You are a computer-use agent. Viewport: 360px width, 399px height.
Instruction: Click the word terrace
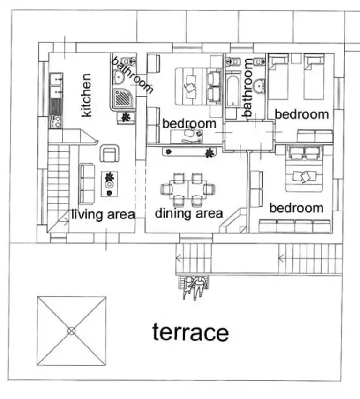click(x=190, y=332)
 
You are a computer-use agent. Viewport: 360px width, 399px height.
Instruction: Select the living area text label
click(x=103, y=215)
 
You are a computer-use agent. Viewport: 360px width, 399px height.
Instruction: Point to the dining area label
click(x=188, y=213)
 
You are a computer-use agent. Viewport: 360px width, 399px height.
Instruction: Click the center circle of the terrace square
click(x=71, y=331)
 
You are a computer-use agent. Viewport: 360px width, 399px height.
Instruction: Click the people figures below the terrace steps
click(x=195, y=287)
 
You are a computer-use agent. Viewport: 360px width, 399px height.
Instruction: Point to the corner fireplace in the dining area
click(x=233, y=222)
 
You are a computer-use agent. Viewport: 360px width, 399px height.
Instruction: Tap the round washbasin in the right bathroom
click(x=259, y=86)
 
